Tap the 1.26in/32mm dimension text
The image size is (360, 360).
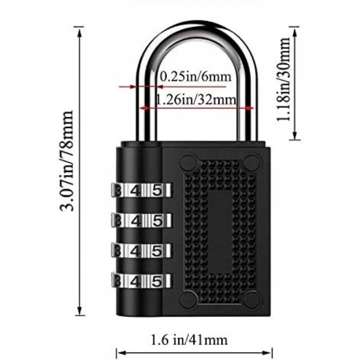pos(195,99)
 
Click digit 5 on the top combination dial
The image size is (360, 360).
pos(156,190)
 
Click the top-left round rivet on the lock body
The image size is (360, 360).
pos(188,161)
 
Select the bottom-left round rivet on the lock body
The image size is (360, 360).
pos(188,299)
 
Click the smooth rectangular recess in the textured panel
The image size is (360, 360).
pos(220,230)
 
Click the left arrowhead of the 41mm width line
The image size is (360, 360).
pos(119,353)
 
